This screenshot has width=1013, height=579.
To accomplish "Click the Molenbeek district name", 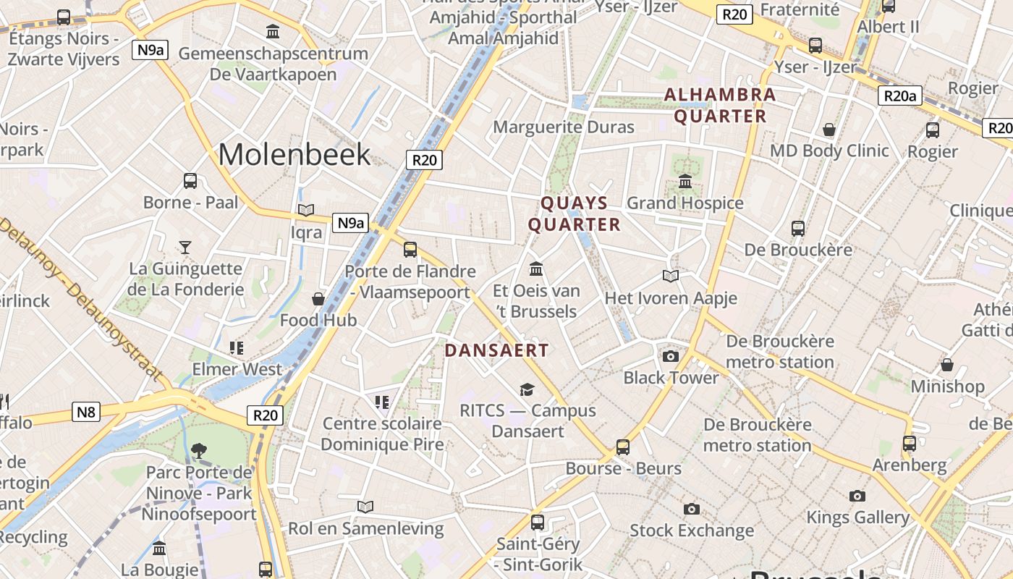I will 294,154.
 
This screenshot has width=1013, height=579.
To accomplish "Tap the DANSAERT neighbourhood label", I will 496,350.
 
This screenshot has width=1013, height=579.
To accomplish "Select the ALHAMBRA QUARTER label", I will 720,105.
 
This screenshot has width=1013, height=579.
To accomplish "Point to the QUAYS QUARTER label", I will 575,214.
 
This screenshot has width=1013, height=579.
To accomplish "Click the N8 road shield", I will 86,413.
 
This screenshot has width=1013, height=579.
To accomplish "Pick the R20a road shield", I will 900,96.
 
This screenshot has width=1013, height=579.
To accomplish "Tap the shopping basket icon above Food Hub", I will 318,299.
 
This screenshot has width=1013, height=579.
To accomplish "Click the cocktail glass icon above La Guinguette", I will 185,247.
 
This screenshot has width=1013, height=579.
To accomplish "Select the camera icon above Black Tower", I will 671,356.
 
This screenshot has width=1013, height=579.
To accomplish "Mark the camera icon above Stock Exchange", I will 692,509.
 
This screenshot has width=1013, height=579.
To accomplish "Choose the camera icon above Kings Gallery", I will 857,496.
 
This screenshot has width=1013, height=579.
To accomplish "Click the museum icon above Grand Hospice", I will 685,182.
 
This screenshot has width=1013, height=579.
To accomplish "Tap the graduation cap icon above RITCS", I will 527,389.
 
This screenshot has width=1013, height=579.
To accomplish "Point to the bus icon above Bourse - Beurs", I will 623,447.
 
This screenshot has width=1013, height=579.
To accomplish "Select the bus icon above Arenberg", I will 910,443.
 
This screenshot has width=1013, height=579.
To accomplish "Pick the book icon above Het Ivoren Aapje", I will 671,276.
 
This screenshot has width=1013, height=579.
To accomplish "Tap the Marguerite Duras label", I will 564,127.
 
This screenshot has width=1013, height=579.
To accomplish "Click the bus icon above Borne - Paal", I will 190,180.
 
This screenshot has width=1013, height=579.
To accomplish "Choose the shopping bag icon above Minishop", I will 946,365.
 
